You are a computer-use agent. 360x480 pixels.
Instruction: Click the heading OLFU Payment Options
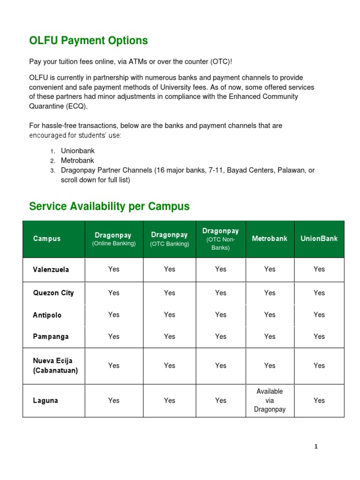(x=89, y=41)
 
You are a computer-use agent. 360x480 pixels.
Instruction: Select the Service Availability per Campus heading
(x=109, y=206)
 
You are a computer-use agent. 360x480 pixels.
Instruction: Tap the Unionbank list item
(x=78, y=151)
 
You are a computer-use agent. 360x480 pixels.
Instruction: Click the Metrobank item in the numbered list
(x=77, y=161)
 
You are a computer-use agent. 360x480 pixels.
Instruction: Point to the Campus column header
(x=47, y=239)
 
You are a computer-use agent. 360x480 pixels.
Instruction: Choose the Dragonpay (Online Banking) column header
(x=113, y=239)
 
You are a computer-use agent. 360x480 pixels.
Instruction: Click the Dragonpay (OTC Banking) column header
(x=169, y=239)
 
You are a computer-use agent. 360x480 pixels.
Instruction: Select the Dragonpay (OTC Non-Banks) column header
(x=220, y=239)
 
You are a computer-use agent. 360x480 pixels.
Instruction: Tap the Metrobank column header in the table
(x=270, y=239)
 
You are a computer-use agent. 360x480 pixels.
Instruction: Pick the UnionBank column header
(x=319, y=239)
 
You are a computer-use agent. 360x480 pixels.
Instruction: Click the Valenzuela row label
(x=51, y=270)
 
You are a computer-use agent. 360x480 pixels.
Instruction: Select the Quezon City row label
(x=53, y=293)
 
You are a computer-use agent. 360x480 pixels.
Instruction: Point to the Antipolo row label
(x=47, y=315)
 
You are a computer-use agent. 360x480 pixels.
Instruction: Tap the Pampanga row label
(x=51, y=337)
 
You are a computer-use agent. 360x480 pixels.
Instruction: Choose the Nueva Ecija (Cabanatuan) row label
(x=55, y=366)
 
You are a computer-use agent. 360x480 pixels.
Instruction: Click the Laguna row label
(x=45, y=401)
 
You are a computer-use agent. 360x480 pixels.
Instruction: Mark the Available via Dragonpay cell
(x=270, y=400)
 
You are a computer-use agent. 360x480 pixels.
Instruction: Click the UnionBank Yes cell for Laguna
(x=319, y=400)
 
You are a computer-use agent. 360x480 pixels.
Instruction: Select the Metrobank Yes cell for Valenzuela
(x=270, y=269)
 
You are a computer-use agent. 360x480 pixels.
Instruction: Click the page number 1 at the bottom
(x=316, y=447)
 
